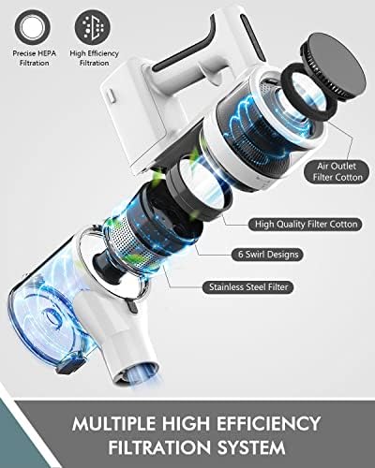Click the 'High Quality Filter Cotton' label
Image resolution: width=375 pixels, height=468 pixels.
[305, 224]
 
